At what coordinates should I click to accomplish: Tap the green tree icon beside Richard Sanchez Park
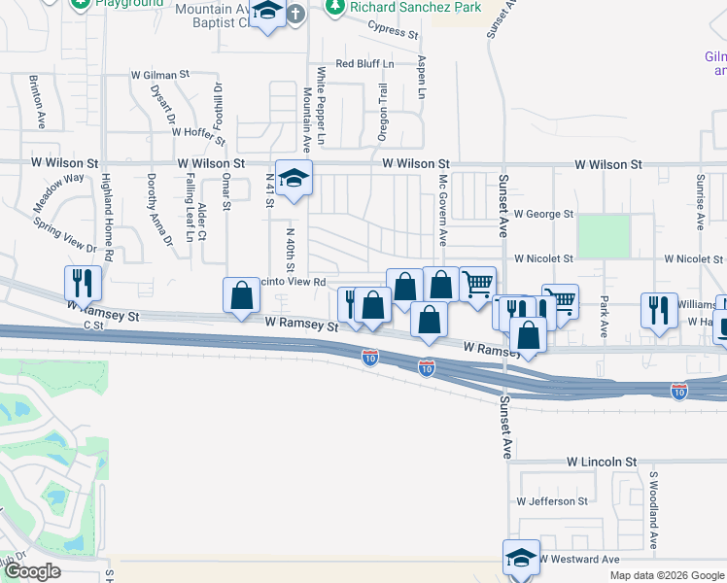click(x=335, y=7)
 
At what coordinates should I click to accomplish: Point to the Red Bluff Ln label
click(x=364, y=64)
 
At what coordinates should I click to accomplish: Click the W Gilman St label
click(x=162, y=74)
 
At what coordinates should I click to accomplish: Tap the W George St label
click(x=544, y=213)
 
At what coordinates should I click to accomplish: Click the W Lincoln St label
click(x=602, y=462)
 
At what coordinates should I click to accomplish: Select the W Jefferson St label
click(x=552, y=501)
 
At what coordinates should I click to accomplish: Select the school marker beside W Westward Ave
click(x=522, y=557)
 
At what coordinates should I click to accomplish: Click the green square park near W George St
click(x=604, y=236)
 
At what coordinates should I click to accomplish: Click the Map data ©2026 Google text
click(x=667, y=575)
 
